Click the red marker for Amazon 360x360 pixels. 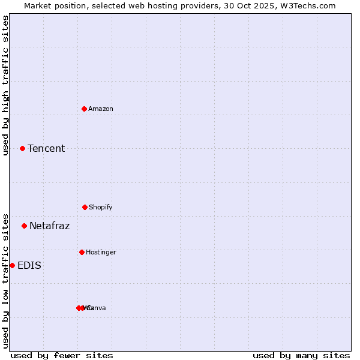pyautogui.click(x=85, y=109)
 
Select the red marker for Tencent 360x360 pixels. pyautogui.click(x=22, y=148)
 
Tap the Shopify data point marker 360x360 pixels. pyautogui.click(x=85, y=207)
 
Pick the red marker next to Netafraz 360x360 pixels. pyautogui.click(x=24, y=226)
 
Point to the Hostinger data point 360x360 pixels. pyautogui.click(x=82, y=252)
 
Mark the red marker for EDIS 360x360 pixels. pyautogui.click(x=12, y=265)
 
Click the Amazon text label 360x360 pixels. pyautogui.click(x=101, y=109)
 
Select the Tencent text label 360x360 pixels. pyautogui.click(x=46, y=148)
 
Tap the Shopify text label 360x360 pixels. pyautogui.click(x=101, y=207)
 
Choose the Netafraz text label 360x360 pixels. pyautogui.click(x=49, y=226)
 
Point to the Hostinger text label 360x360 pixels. pyautogui.click(x=101, y=252)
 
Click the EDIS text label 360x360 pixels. pyautogui.click(x=29, y=265)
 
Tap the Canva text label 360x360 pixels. pyautogui.click(x=97, y=308)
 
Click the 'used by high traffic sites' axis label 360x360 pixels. pyautogui.click(x=5, y=85)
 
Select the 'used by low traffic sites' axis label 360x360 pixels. pyautogui.click(x=5, y=280)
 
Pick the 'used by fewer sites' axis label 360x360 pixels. pyautogui.click(x=62, y=355)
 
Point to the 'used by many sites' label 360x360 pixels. pyautogui.click(x=301, y=355)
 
